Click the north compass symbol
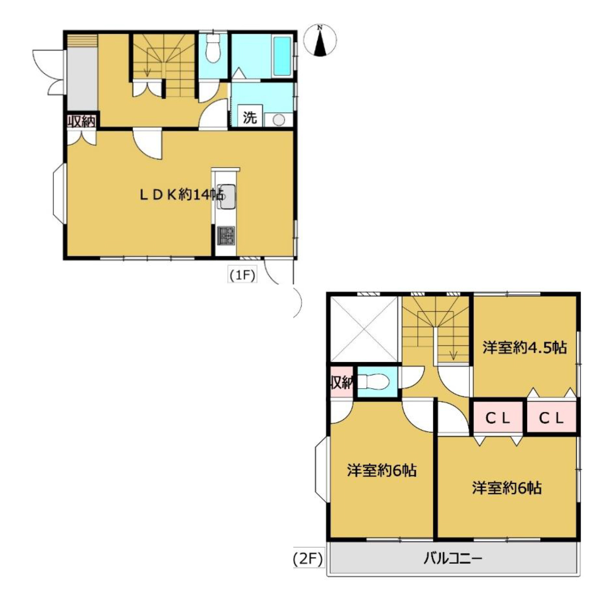point(320,40)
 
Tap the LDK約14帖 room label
point(182,194)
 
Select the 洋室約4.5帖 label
point(525,347)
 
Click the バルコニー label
point(453,559)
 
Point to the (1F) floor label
point(242,275)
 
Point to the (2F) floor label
point(308,560)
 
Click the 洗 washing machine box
point(250,116)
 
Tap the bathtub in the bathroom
point(282,57)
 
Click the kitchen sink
point(226,196)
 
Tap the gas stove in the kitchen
point(226,235)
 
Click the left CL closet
point(498,418)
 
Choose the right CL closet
point(552,418)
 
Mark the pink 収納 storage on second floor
point(342,382)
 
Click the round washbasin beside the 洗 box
point(278,120)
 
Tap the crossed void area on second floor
point(364,329)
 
